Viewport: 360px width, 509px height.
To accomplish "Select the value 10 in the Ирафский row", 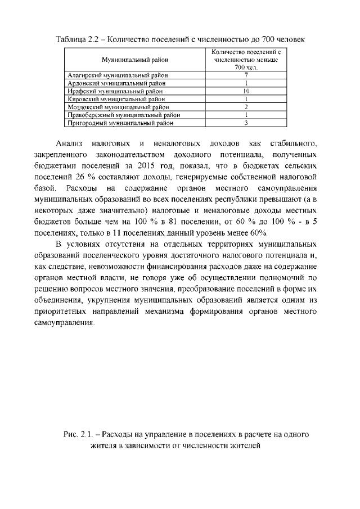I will tap(246, 90).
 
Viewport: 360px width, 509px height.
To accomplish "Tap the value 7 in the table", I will tap(246, 74).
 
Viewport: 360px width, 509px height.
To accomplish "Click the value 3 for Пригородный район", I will tap(246, 121).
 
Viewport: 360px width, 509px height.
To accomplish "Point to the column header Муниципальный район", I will tap(134, 59).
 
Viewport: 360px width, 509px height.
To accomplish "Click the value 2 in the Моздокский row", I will tap(246, 106).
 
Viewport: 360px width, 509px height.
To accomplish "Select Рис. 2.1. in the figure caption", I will tap(76, 435).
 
